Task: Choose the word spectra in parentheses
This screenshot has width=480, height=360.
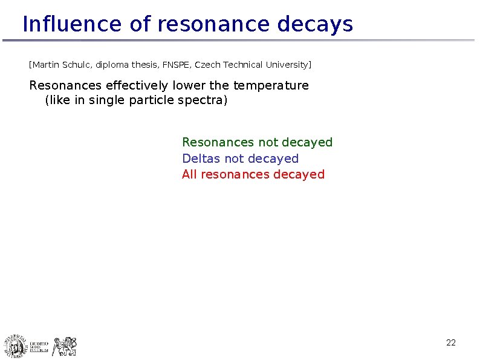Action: click(x=203, y=100)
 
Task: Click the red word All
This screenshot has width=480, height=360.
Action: click(x=189, y=174)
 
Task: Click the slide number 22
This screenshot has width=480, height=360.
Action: click(x=450, y=343)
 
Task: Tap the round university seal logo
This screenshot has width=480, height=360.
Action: click(x=16, y=346)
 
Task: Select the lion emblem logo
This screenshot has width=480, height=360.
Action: click(x=65, y=346)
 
